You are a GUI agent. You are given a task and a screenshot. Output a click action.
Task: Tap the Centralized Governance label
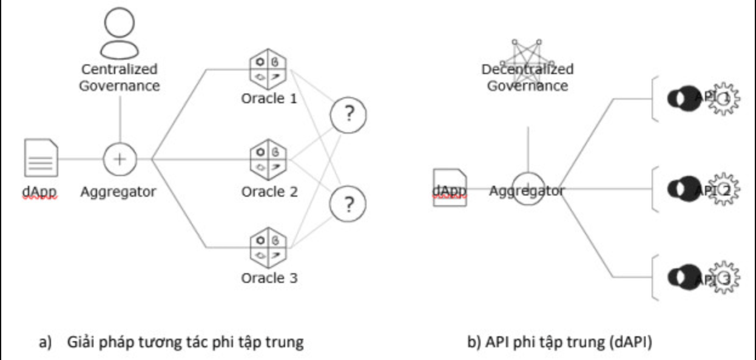coord(120,77)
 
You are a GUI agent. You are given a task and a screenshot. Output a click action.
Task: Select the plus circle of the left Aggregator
coord(120,159)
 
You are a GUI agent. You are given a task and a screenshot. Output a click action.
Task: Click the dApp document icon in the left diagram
coord(42,157)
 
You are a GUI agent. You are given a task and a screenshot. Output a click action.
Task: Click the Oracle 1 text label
coord(269,99)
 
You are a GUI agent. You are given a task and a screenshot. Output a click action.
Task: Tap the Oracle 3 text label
coord(269,278)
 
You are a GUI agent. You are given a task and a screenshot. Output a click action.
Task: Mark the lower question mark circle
coord(349,205)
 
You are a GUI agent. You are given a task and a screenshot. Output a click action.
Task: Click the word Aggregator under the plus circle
coord(118,192)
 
